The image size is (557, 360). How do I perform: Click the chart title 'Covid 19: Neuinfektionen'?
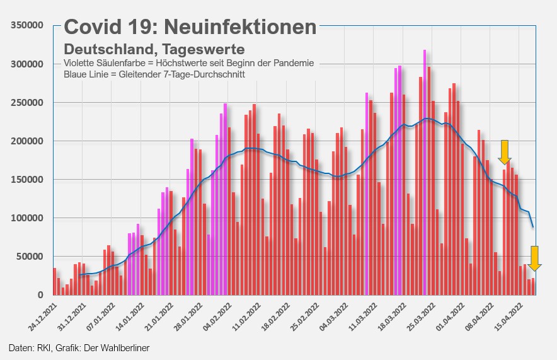point(190,26)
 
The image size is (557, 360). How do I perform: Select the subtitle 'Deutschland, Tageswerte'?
point(154,49)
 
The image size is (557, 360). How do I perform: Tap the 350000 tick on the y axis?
point(26,25)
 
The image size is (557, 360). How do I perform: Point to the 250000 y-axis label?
point(26,103)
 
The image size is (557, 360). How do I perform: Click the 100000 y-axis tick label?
point(26,218)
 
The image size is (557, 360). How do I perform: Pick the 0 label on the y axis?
point(39,295)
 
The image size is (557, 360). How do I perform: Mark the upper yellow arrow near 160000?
point(505,152)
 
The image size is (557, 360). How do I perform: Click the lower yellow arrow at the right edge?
point(534,258)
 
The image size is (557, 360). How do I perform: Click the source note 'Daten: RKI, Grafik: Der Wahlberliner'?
point(79,347)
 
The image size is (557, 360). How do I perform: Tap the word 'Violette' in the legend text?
point(80,63)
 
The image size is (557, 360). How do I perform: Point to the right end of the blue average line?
point(533,226)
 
